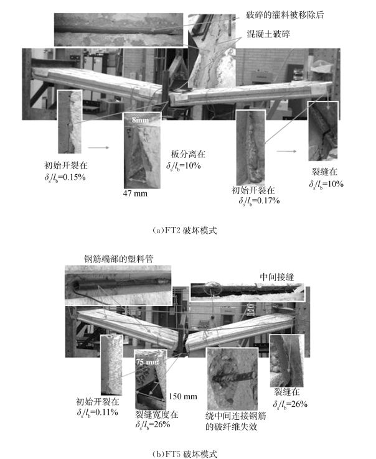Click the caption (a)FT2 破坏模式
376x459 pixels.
pyautogui.click(x=185, y=231)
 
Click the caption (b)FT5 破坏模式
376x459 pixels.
pyautogui.click(x=185, y=454)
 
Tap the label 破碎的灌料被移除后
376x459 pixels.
pyautogui.click(x=284, y=15)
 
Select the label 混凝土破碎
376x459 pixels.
pyautogui.click(x=268, y=34)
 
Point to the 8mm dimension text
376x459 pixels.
pyautogui.click(x=140, y=120)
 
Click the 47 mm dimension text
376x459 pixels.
pyautogui.click(x=135, y=193)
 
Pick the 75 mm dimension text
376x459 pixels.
pyautogui.click(x=147, y=362)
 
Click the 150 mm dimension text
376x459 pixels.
pyautogui.click(x=183, y=396)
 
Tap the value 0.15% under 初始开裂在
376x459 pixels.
pyautogui.click(x=74, y=177)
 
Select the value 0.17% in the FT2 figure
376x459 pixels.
pyautogui.click(x=268, y=200)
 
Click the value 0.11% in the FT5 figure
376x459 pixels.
pyautogui.click(x=106, y=412)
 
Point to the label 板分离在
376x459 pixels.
pyautogui.click(x=188, y=154)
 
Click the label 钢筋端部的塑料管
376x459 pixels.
pyautogui.click(x=119, y=259)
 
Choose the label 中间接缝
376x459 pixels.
pyautogui.click(x=277, y=277)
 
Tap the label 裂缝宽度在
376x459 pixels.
pyautogui.click(x=156, y=414)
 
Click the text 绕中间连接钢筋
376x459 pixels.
pyautogui.click(x=236, y=415)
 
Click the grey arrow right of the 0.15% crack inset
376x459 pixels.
pyautogui.click(x=98, y=148)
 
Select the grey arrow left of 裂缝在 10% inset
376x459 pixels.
pyautogui.click(x=286, y=151)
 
